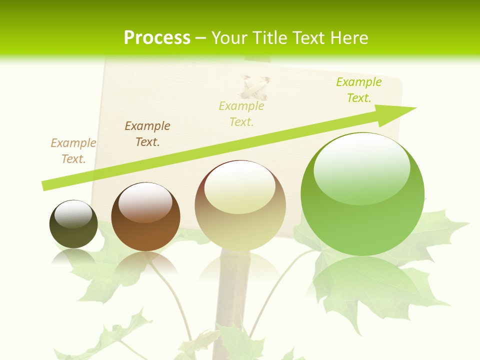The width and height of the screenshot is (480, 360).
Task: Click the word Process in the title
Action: click(x=157, y=38)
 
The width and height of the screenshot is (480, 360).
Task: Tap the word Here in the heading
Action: click(x=348, y=38)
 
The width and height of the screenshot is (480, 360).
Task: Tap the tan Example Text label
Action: click(x=73, y=151)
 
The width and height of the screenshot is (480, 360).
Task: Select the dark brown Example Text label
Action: click(x=147, y=134)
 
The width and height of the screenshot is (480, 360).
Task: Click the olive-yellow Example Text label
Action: click(x=241, y=114)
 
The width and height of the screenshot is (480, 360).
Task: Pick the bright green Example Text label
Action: click(x=359, y=90)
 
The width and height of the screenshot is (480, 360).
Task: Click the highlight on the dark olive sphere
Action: click(x=73, y=214)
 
